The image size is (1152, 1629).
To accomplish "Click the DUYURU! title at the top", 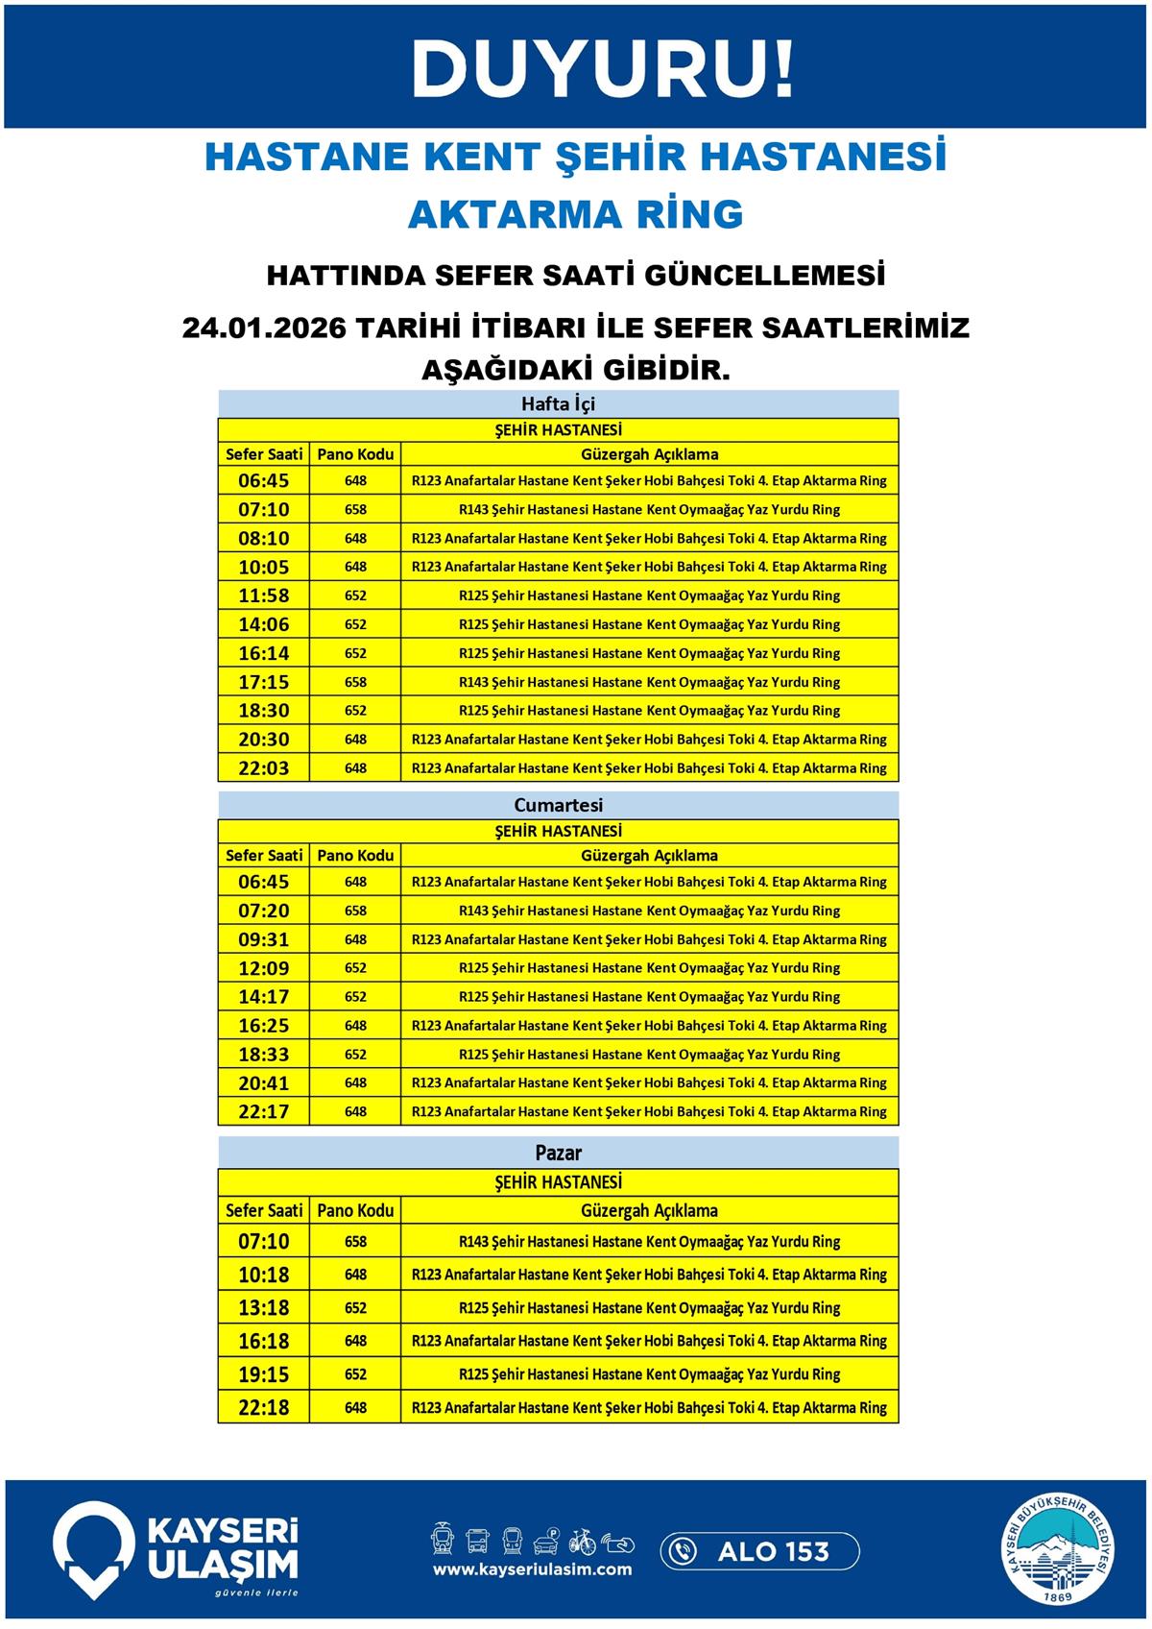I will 603,69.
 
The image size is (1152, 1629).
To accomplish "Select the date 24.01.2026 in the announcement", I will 263,328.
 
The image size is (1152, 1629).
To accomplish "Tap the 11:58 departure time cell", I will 263,596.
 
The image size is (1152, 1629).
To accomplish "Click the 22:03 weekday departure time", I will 263,768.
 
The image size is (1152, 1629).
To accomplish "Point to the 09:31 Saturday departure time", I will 263,939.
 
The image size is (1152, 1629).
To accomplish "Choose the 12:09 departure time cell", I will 263,968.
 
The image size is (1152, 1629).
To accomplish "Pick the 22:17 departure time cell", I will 263,1112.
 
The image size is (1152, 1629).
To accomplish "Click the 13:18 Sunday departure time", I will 263,1308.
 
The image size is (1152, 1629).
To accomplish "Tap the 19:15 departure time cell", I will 263,1374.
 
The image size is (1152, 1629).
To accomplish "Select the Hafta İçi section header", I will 558,403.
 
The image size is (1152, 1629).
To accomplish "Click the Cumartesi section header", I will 558,805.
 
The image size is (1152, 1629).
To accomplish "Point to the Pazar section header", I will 558,1153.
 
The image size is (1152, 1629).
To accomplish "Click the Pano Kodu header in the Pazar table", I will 355,1210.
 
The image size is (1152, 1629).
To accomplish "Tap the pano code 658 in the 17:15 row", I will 355,682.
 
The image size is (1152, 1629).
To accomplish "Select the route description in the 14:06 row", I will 649,624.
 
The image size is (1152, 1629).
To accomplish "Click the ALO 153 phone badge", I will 759,1551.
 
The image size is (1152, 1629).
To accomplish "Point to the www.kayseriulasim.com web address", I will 532,1569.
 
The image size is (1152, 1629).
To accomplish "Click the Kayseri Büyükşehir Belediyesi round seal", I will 1060,1551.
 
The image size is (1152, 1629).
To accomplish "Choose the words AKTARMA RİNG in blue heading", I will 575,214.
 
